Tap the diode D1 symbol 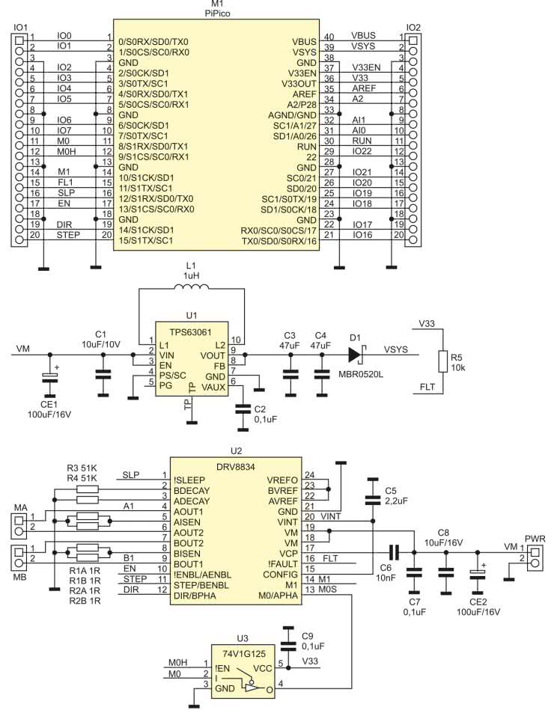356,349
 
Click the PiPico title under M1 218,13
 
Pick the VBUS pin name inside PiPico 302,37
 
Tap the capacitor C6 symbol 399,552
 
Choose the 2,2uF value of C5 397,501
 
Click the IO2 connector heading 413,27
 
